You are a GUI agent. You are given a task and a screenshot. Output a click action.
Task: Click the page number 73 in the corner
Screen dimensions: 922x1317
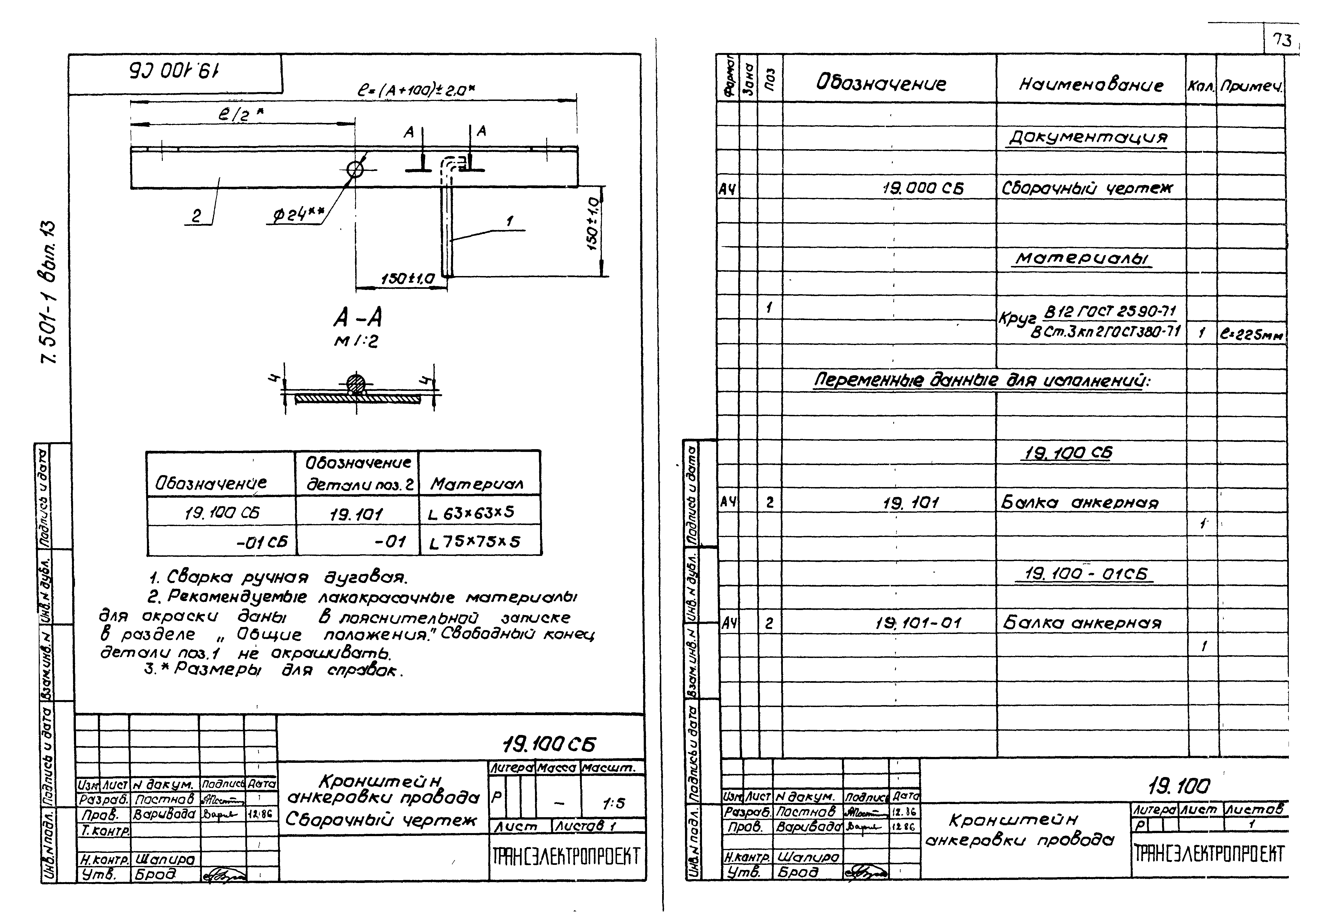[x=1282, y=40]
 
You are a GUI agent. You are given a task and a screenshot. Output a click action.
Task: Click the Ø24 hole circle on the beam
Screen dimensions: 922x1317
[x=355, y=169]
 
